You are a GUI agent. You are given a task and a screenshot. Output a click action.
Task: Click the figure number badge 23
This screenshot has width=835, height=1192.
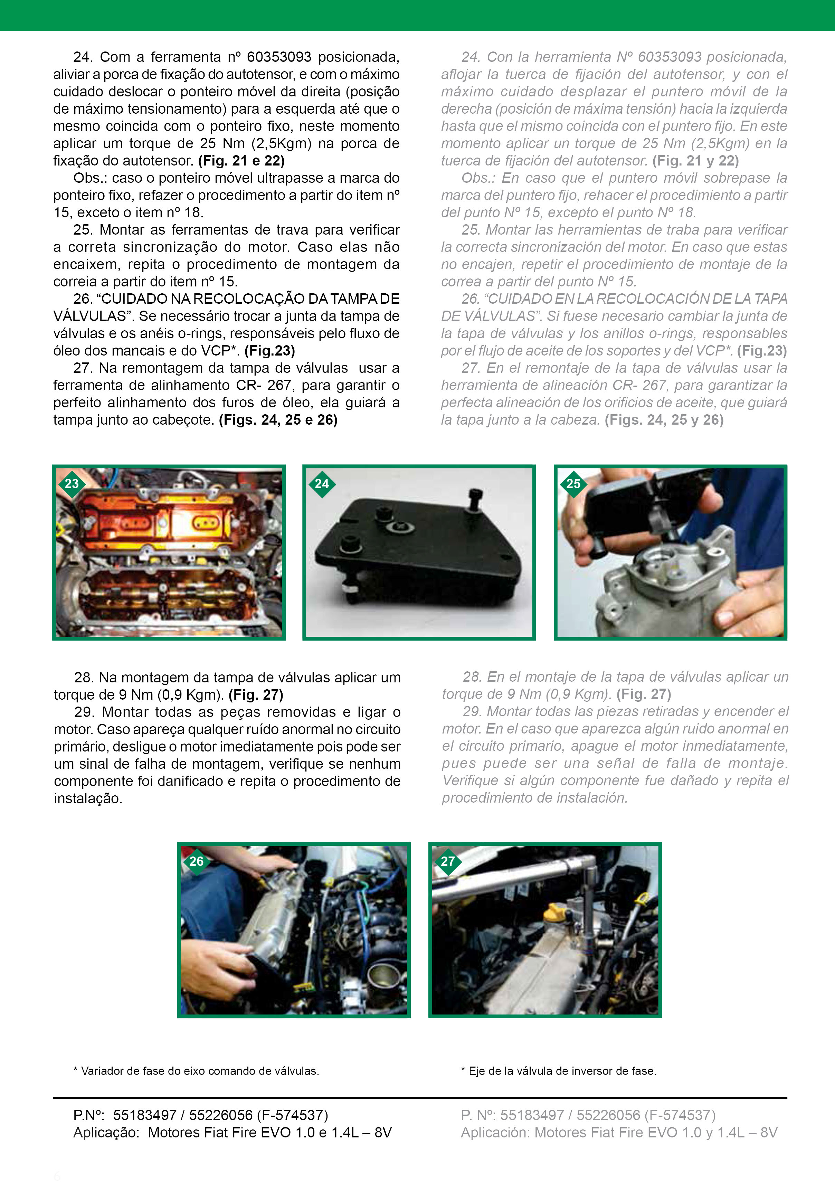coord(72,484)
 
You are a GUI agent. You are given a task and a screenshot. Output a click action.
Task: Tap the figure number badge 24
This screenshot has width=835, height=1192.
coord(322,484)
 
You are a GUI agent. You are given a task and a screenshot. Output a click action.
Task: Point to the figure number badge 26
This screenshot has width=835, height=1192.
coord(196,861)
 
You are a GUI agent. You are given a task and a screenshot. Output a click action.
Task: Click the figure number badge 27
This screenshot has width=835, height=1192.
coord(447,861)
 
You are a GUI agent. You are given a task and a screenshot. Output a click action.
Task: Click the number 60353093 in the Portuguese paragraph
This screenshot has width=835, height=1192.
coord(279,57)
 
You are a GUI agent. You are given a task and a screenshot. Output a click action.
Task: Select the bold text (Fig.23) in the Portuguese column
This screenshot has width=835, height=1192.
coord(269,351)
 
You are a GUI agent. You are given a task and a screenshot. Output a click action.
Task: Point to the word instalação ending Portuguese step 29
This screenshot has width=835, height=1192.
coord(88,798)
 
